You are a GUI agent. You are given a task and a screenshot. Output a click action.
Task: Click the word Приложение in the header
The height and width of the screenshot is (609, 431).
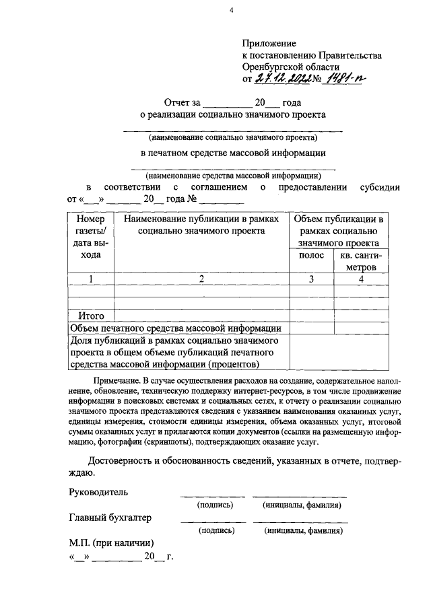pyautogui.click(x=269, y=43)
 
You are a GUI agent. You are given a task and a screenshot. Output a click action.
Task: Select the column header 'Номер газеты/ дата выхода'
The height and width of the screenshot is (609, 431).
pyautogui.click(x=91, y=237)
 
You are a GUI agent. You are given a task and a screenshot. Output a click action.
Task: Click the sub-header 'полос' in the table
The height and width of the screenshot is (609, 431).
pyautogui.click(x=310, y=255)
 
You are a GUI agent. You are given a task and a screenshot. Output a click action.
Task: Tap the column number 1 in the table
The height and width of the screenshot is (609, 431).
pyautogui.click(x=91, y=279)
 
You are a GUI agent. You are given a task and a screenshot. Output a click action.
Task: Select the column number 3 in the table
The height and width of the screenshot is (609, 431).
pyautogui.click(x=310, y=279)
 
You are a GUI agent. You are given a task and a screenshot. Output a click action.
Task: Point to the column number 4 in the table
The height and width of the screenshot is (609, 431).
pyautogui.click(x=362, y=279)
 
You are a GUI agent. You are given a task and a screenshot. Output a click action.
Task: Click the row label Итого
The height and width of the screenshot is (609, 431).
pyautogui.click(x=91, y=315)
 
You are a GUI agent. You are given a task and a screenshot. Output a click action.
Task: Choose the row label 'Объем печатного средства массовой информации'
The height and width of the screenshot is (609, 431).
pyautogui.click(x=176, y=328)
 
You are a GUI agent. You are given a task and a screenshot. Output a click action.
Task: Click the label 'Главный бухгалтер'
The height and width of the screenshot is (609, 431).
pyautogui.click(x=110, y=517)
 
